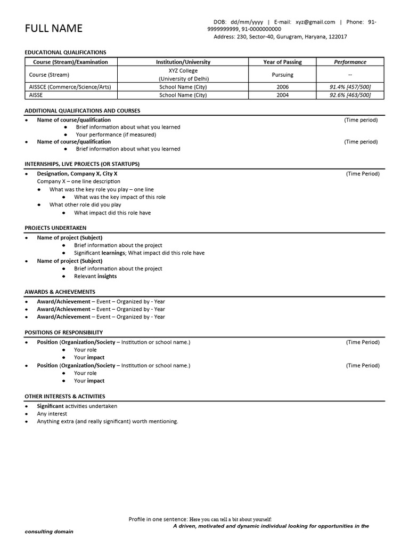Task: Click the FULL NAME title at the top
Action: [x=54, y=28]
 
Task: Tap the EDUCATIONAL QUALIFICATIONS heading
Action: [x=66, y=52]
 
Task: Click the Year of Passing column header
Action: [x=282, y=62]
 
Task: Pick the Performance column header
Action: [x=350, y=62]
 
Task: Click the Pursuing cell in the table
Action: [x=282, y=75]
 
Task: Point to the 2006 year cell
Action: [x=282, y=87]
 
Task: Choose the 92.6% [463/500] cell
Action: [x=350, y=95]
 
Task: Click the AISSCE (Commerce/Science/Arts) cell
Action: [x=70, y=87]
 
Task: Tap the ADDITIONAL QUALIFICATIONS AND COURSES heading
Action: [x=83, y=110]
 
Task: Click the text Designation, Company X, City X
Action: [x=77, y=174]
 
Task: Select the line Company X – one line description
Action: [x=78, y=181]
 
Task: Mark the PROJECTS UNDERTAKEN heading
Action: [x=55, y=228]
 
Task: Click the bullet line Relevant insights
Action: [x=95, y=276]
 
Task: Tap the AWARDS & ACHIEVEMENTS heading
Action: [x=60, y=292]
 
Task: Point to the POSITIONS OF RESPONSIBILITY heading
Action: [x=64, y=332]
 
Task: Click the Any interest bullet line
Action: [x=52, y=414]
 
